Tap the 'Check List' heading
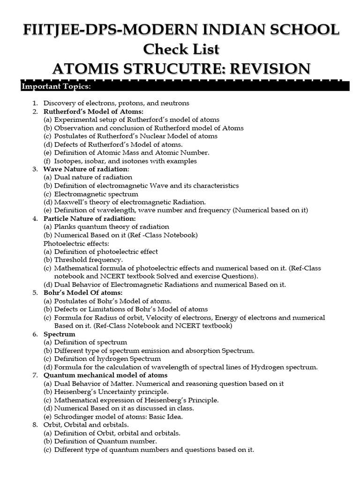pyautogui.click(x=180, y=49)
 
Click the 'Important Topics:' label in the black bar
pyautogui.click(x=49, y=87)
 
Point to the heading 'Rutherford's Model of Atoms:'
pyautogui.click(x=93, y=112)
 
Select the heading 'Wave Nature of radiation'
pyautogui.click(x=85, y=169)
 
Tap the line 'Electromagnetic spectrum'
pyautogui.click(x=96, y=194)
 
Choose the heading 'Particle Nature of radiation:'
pyautogui.click(x=90, y=219)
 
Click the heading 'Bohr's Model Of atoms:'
pyautogui.click(x=82, y=293)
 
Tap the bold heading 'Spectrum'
pyautogui.click(x=59, y=334)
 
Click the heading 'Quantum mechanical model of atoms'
pyautogui.click(x=105, y=375)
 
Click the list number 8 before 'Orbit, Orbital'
pyautogui.click(x=35, y=425)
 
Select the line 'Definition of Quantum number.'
pyautogui.click(x=105, y=441)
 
